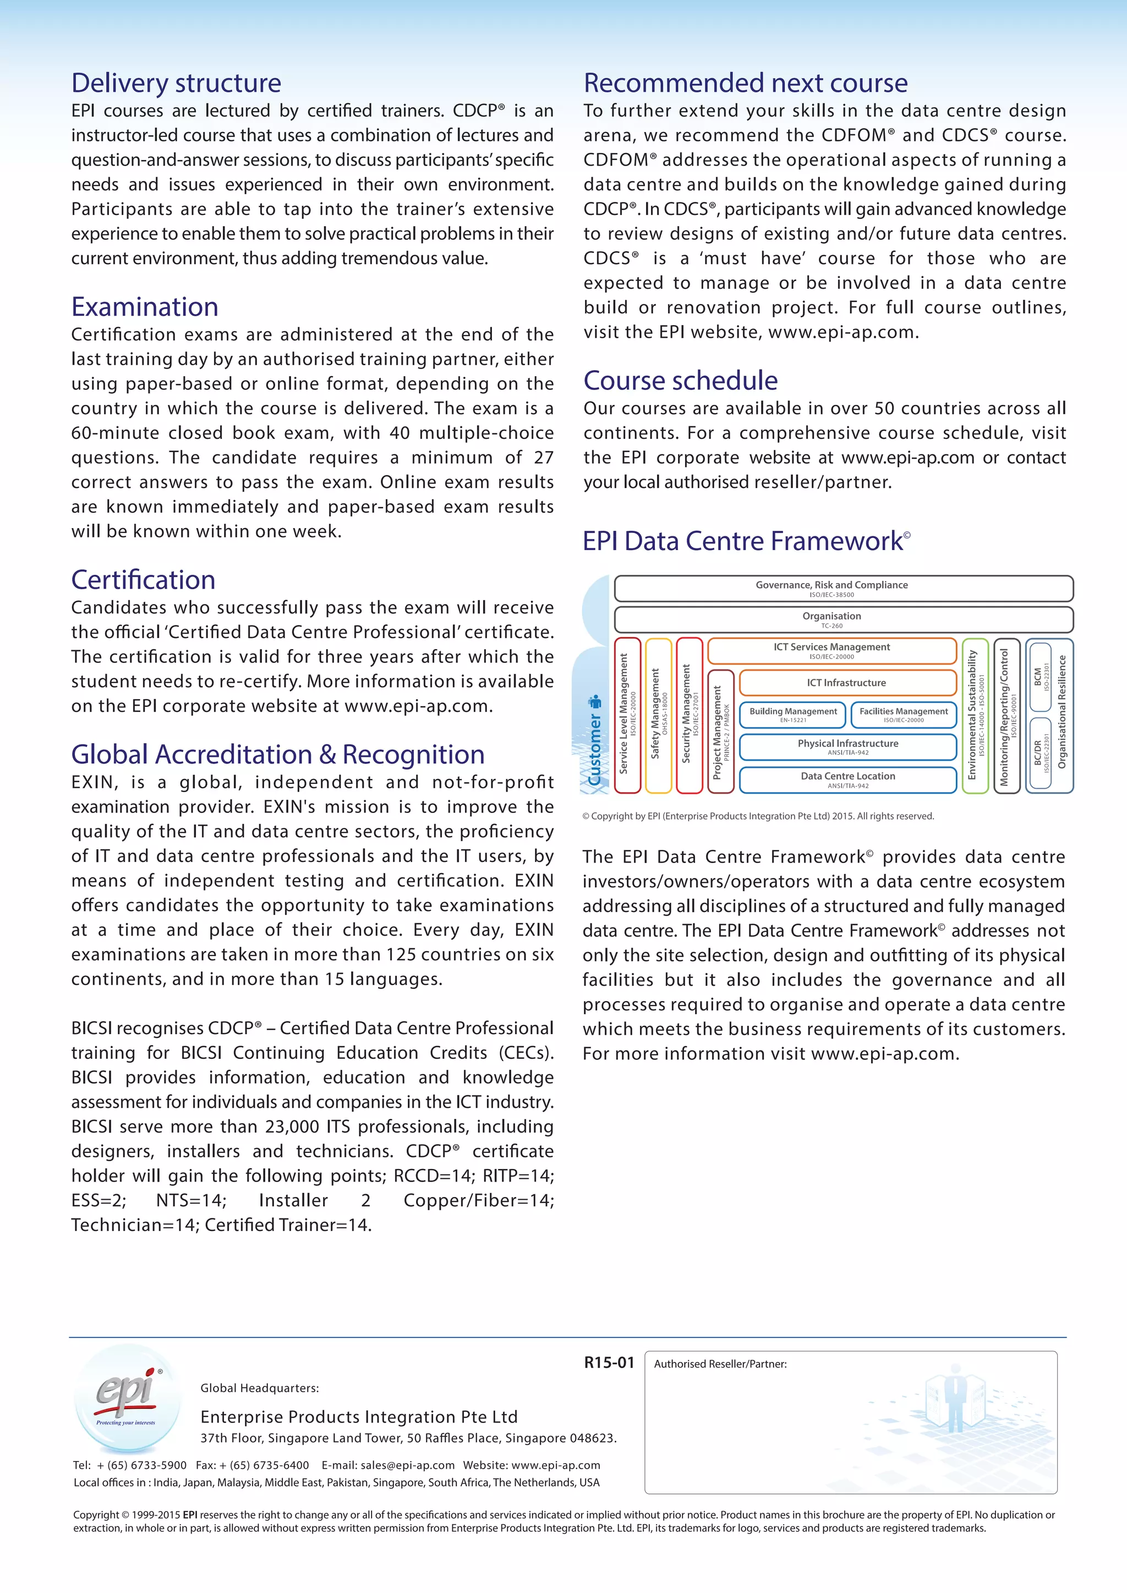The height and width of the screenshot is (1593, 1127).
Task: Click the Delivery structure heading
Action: click(176, 83)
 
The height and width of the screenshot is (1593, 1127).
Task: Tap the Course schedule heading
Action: click(680, 380)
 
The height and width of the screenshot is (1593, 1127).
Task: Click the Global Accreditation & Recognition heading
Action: click(277, 754)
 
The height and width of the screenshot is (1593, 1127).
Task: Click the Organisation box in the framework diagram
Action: click(843, 619)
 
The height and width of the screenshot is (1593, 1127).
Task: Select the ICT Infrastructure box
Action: click(847, 683)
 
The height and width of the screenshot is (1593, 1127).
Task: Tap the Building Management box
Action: click(793, 715)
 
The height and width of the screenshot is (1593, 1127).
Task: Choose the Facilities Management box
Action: click(903, 715)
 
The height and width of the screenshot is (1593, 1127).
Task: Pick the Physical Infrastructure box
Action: click(847, 746)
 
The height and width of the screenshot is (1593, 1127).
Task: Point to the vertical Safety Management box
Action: click(658, 715)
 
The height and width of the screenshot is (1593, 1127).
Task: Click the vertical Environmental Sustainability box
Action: click(975, 715)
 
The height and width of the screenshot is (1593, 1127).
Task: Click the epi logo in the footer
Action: click(127, 1398)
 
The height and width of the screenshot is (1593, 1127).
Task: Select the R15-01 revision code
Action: click(609, 1363)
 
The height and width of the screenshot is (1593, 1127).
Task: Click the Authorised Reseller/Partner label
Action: click(720, 1364)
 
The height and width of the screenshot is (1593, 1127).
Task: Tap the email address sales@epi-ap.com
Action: click(407, 1465)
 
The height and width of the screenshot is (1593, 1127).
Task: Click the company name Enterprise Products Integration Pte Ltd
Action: click(359, 1417)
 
